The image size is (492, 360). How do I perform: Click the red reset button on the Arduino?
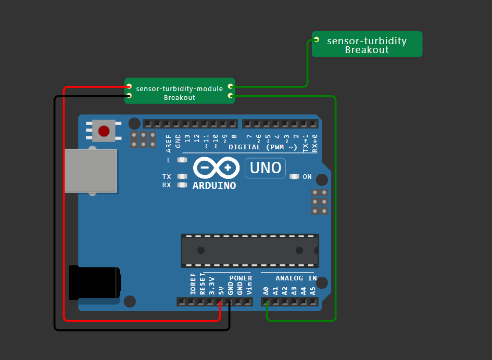[104, 131]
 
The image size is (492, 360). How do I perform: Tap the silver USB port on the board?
[91, 171]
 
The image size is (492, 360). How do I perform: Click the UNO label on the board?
[266, 168]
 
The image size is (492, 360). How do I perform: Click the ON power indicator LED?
[295, 177]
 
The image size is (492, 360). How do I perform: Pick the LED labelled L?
[182, 160]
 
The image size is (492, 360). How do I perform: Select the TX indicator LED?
[182, 176]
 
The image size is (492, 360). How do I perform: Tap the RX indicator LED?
[182, 185]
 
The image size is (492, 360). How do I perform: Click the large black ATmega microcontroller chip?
[250, 250]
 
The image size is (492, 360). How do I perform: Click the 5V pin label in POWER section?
[221, 290]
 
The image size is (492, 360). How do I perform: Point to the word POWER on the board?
[241, 278]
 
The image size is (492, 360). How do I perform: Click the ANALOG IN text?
[296, 278]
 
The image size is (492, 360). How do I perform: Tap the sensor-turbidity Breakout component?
[367, 45]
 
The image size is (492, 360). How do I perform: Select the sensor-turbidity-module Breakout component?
[180, 92]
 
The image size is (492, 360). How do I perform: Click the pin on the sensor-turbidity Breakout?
[317, 40]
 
